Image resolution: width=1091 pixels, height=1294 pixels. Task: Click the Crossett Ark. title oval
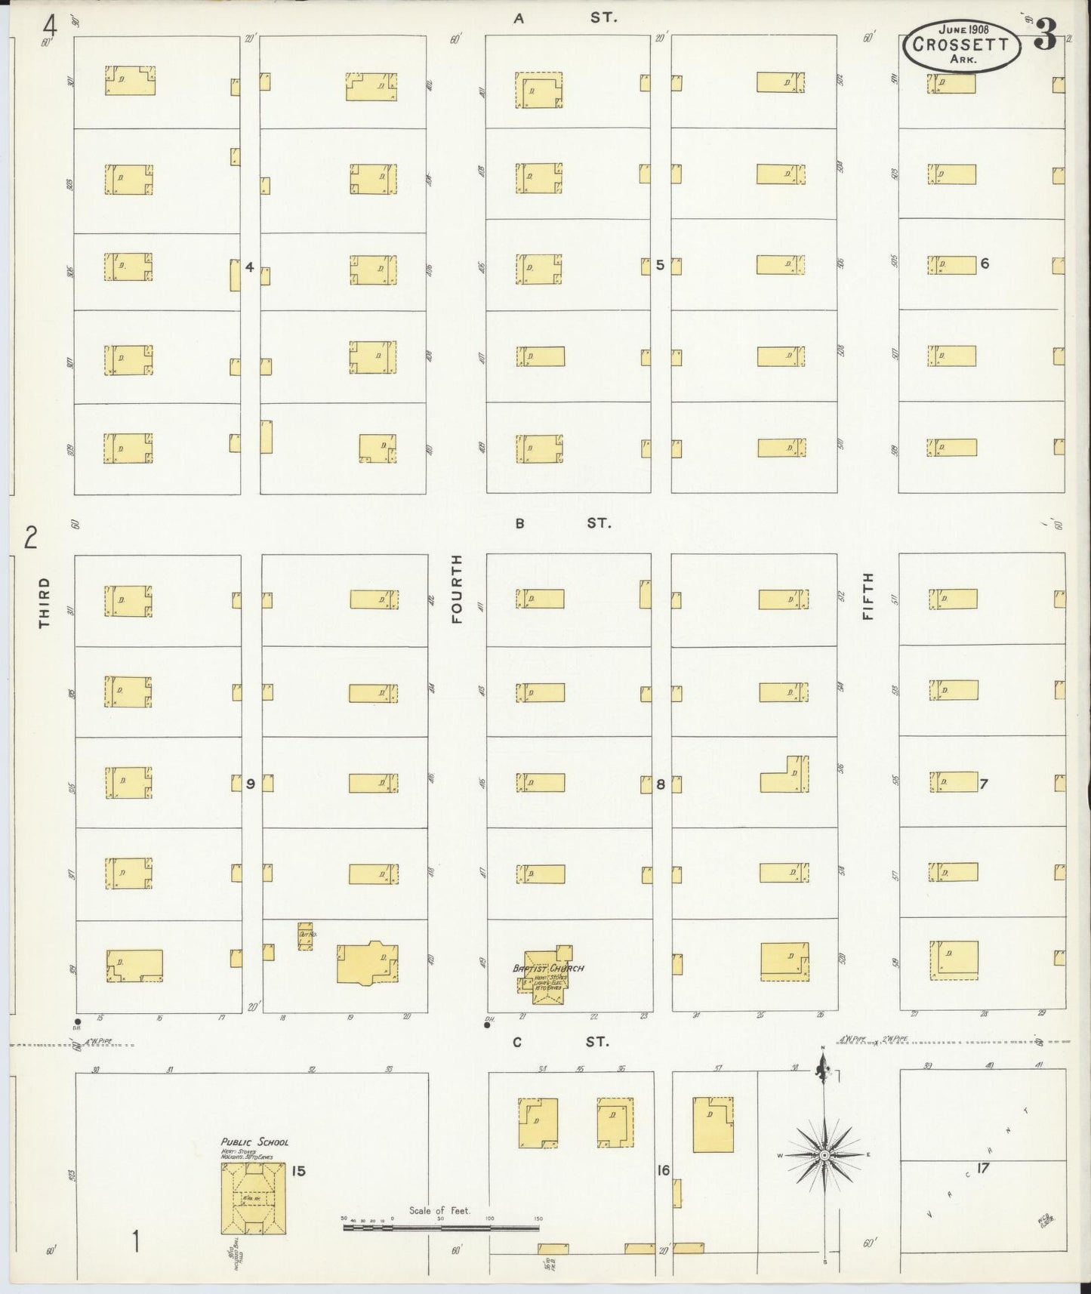pyautogui.click(x=960, y=43)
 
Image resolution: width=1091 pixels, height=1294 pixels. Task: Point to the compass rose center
pyautogui.click(x=824, y=1155)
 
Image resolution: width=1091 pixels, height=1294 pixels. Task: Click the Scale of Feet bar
pyautogui.click(x=441, y=1228)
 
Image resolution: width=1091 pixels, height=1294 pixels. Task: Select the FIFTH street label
pyautogui.click(x=868, y=596)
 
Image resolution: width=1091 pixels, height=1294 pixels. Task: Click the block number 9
pyautogui.click(x=250, y=784)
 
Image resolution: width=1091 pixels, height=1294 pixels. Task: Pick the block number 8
pyautogui.click(x=660, y=784)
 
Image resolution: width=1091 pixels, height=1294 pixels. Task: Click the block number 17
pyautogui.click(x=982, y=1167)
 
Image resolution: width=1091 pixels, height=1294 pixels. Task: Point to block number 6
pyautogui.click(x=984, y=263)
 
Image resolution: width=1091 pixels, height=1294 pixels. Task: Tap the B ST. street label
pyautogui.click(x=562, y=522)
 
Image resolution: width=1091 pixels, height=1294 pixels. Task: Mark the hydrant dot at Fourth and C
pyautogui.click(x=487, y=1024)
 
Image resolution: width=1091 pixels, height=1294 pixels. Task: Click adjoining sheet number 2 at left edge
pyautogui.click(x=31, y=538)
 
